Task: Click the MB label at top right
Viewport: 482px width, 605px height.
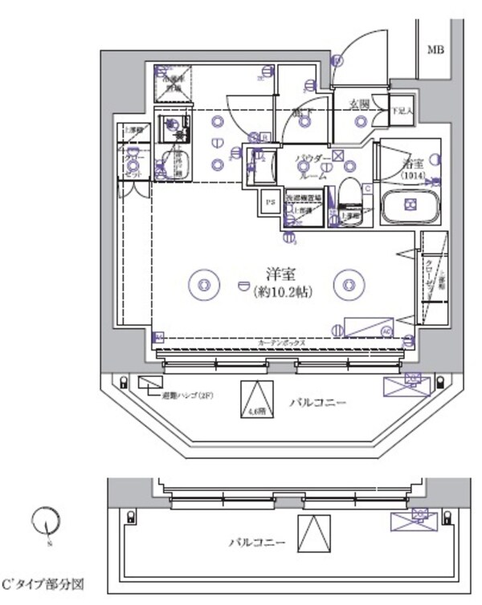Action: tap(435, 50)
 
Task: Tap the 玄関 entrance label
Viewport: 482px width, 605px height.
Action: tap(359, 103)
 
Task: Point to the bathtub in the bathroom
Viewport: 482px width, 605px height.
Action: tap(410, 208)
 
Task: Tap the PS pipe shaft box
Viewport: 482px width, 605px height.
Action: tap(270, 202)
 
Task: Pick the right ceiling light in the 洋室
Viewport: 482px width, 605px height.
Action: tap(349, 283)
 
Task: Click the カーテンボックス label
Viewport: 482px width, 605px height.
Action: tap(281, 343)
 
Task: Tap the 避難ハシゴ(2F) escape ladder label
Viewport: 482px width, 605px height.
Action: tap(187, 395)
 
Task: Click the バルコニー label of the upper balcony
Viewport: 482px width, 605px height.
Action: tap(318, 402)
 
